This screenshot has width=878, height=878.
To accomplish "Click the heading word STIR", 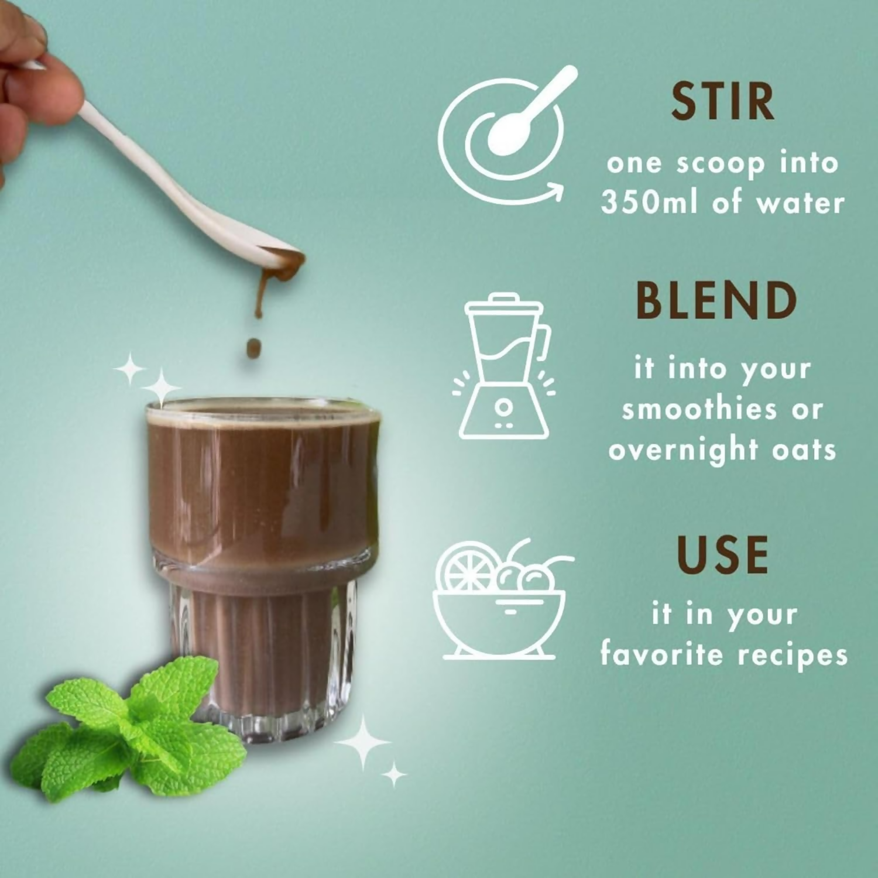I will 722,102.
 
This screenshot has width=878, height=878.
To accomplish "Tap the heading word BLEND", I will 716,300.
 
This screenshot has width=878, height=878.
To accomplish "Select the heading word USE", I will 722,554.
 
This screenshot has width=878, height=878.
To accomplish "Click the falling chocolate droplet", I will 253,348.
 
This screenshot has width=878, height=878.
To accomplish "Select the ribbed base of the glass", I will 263,661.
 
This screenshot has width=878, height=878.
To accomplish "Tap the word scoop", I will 721,163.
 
